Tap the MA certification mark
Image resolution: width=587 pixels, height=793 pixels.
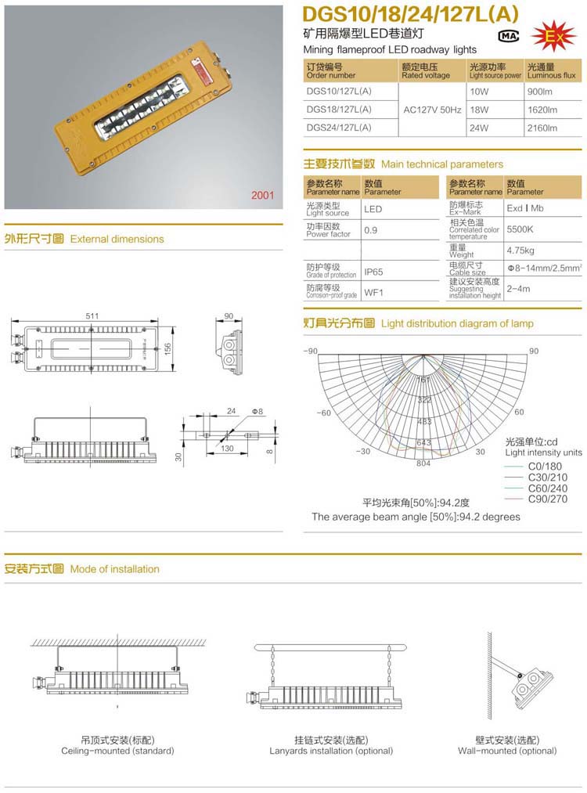coord(508,37)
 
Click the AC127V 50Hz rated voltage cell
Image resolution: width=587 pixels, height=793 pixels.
coord(432,110)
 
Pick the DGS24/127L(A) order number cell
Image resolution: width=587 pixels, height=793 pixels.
coord(339,127)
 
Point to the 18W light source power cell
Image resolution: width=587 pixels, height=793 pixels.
coord(479,110)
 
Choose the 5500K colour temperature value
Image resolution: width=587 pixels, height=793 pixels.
coord(520,230)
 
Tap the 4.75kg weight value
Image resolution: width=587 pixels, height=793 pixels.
coord(520,251)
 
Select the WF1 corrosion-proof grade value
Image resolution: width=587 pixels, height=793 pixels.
coord(373,293)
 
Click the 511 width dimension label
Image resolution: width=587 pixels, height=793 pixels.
coord(92,315)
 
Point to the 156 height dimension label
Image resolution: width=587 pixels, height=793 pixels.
coord(167,348)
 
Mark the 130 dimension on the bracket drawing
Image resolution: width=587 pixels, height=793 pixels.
coord(227,449)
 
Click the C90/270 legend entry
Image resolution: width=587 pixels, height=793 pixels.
coord(547,499)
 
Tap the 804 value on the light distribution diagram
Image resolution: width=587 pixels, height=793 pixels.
coord(423,463)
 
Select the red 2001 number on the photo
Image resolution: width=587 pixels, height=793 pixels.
coord(263,196)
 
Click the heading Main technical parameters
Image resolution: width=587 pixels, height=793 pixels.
coord(441,164)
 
